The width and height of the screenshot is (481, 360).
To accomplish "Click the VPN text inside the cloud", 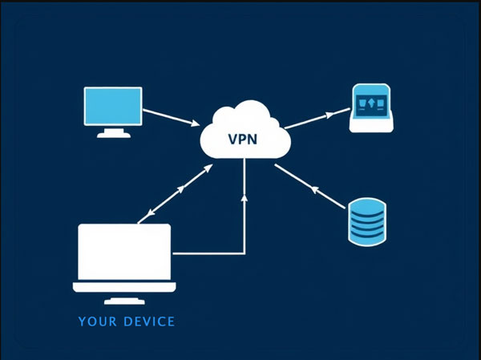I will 243,139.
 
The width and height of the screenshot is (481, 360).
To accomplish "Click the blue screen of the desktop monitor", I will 113,107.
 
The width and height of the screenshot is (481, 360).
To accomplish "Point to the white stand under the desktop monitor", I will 113,133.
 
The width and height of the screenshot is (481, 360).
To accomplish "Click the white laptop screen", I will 124,251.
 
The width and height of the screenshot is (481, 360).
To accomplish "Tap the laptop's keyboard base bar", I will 124,286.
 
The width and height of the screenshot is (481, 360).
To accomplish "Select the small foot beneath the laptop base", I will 124,301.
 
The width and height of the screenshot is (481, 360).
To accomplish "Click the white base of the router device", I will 370,126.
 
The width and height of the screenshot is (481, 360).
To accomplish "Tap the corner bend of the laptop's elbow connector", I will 244,253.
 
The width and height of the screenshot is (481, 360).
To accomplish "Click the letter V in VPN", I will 233,139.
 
